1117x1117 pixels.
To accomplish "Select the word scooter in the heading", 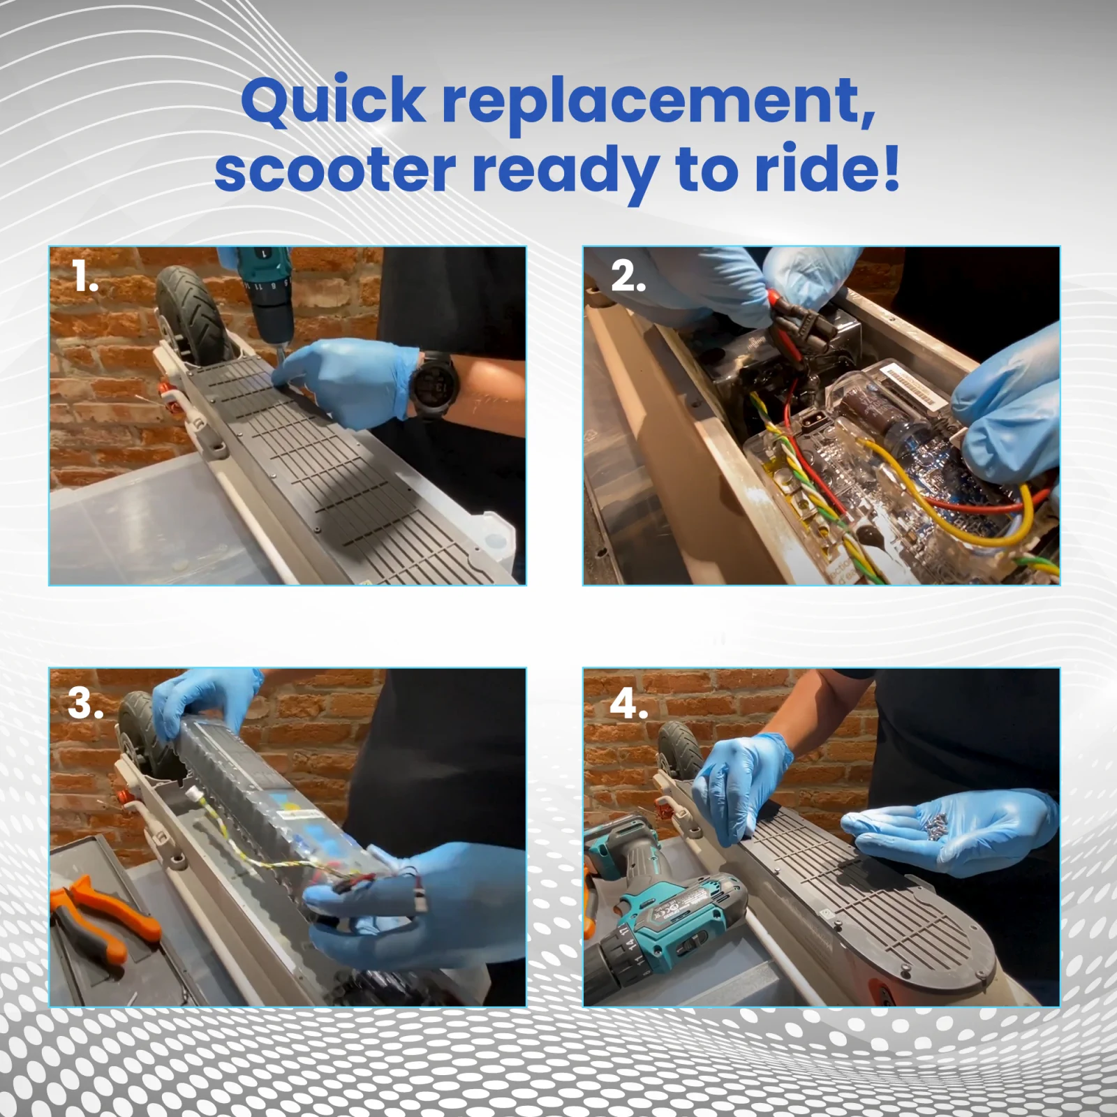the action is [x=335, y=170].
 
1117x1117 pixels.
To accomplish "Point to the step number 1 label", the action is [x=84, y=278].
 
